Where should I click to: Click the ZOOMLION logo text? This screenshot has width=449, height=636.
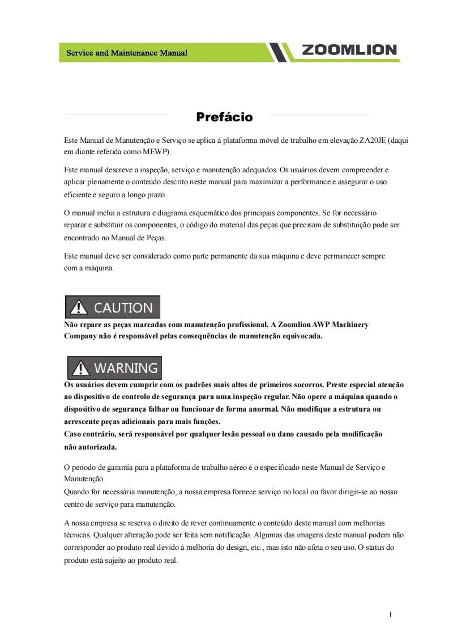tap(349, 50)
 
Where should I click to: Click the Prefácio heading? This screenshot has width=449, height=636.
tap(224, 117)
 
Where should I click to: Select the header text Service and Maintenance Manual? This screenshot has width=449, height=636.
tap(127, 53)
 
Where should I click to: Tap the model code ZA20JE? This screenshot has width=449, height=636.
tap(373, 139)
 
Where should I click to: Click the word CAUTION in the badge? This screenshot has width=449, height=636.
tap(123, 308)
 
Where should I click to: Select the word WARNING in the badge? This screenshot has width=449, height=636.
tap(125, 368)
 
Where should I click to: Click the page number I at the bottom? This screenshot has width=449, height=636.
tap(390, 614)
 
